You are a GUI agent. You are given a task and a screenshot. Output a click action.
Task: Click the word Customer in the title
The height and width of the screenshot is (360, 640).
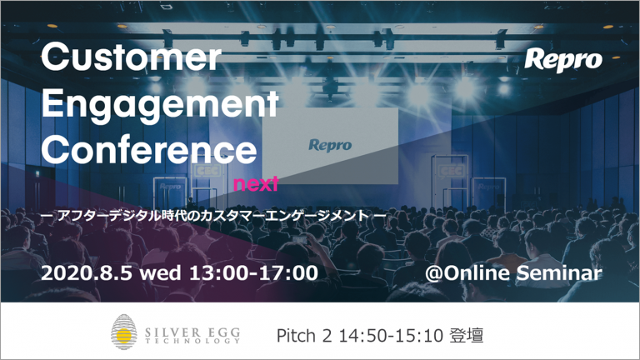point(131,57)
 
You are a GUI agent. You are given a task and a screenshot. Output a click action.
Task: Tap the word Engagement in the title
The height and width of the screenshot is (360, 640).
point(160,104)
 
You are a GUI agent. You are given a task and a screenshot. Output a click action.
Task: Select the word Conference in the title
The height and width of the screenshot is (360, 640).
point(149,149)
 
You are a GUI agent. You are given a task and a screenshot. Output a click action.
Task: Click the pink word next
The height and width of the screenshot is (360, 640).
point(256,184)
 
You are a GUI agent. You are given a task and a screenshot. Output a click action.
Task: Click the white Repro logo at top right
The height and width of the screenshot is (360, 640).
point(562,61)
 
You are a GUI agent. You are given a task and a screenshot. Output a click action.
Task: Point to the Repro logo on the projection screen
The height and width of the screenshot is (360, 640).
point(330,145)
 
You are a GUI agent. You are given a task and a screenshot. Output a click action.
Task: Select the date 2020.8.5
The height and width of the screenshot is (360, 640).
point(87,272)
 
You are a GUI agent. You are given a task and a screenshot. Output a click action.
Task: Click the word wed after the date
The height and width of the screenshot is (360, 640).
point(160,272)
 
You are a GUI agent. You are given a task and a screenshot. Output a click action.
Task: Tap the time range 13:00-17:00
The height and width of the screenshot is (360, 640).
point(253,272)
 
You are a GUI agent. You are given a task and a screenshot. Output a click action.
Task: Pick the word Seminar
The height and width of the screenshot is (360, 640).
point(559,273)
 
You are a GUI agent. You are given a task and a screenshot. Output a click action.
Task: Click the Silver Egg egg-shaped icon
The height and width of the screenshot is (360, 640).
point(123,332)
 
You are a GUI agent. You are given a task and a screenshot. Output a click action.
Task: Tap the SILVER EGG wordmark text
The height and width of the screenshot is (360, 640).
point(192,332)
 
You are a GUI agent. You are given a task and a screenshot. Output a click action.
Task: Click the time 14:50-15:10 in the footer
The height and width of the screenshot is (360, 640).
point(391,336)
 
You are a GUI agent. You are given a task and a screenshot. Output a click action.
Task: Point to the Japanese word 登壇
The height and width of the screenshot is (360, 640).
point(467,336)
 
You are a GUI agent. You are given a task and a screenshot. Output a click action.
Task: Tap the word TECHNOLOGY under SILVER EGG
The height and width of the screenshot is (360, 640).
point(192,341)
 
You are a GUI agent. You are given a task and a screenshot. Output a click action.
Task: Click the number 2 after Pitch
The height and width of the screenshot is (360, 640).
point(327,336)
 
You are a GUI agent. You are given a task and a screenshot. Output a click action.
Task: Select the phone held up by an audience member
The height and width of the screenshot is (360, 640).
point(300,240)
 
